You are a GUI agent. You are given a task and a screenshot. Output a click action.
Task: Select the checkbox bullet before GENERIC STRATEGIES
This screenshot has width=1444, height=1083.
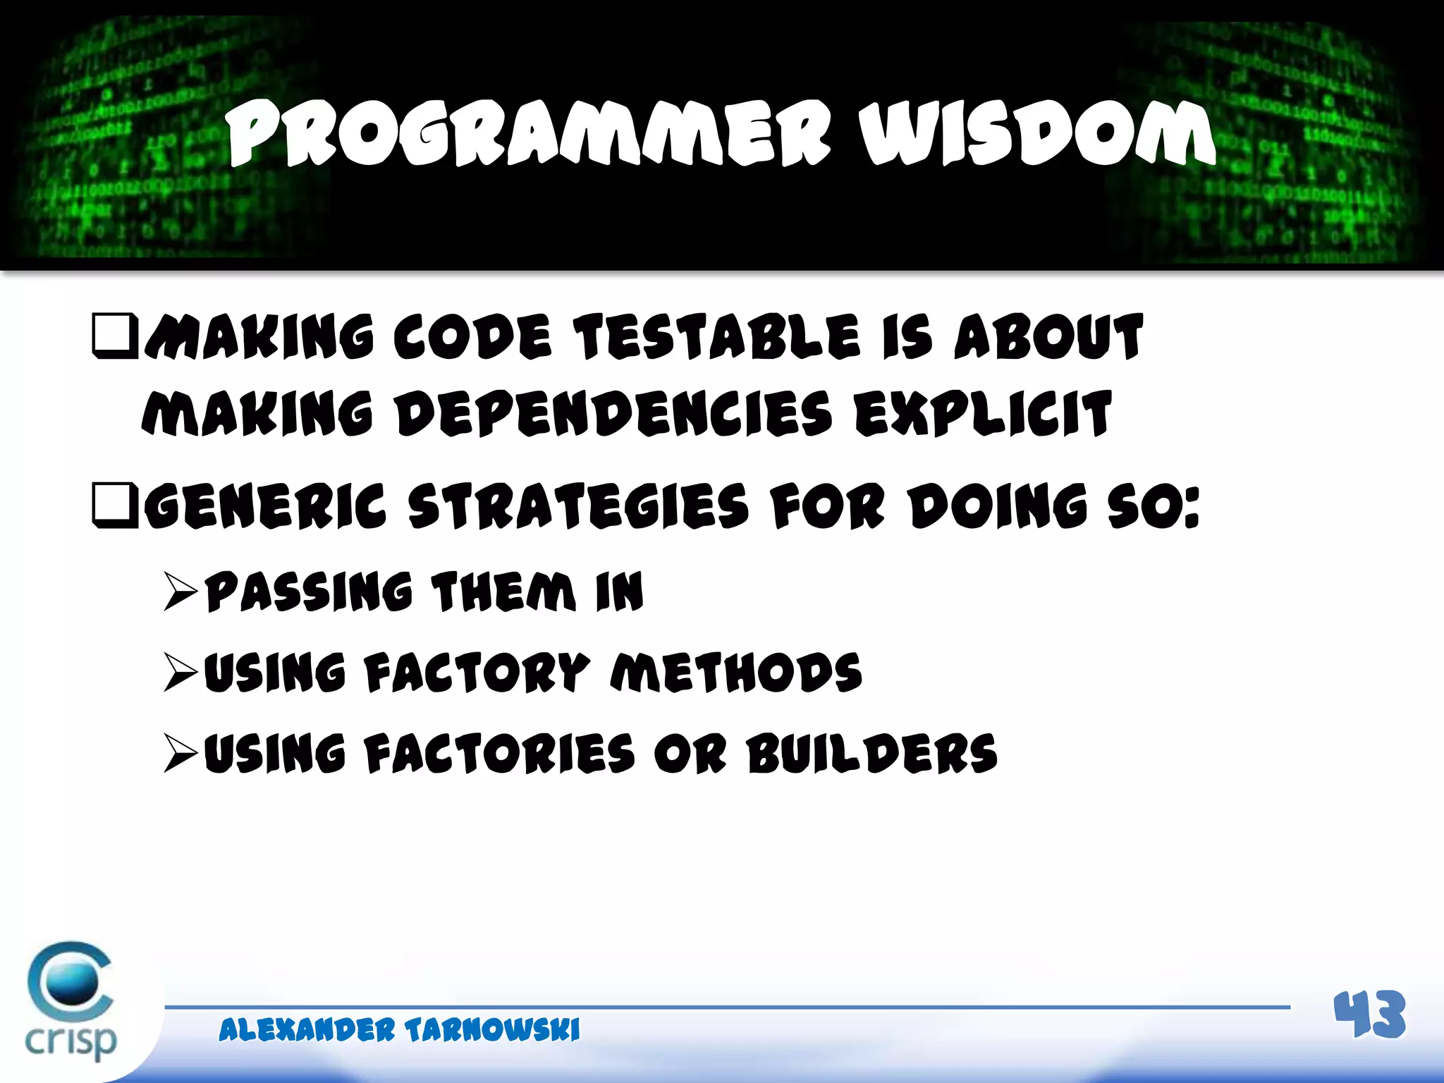click(115, 505)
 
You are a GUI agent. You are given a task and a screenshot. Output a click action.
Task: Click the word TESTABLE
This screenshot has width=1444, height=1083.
click(716, 337)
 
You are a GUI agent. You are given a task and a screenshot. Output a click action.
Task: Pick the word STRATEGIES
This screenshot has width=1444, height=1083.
click(578, 506)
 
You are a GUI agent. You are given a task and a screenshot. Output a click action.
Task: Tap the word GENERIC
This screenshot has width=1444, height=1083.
click(266, 506)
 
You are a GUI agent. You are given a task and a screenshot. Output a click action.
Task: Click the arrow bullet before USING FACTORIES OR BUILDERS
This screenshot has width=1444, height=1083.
click(180, 753)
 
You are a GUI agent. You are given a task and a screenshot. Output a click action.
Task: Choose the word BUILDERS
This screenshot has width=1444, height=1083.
click(872, 753)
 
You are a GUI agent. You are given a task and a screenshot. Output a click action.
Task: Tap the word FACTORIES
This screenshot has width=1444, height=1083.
click(500, 753)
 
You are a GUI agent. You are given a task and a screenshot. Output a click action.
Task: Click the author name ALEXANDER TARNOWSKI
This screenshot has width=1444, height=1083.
click(399, 1030)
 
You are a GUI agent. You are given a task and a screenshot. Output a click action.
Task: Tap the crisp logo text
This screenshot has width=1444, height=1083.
click(71, 1040)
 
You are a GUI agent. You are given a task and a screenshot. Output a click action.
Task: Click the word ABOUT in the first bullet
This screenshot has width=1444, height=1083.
click(1048, 337)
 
